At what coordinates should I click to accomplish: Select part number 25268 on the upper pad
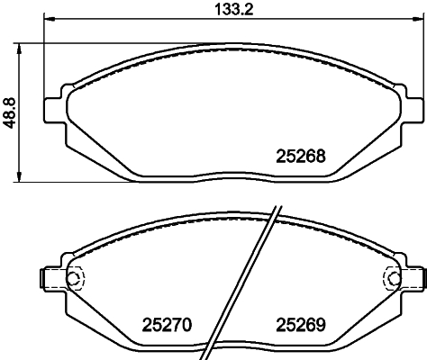[x=298, y=155]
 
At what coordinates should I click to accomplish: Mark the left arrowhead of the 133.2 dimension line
[x=48, y=25]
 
